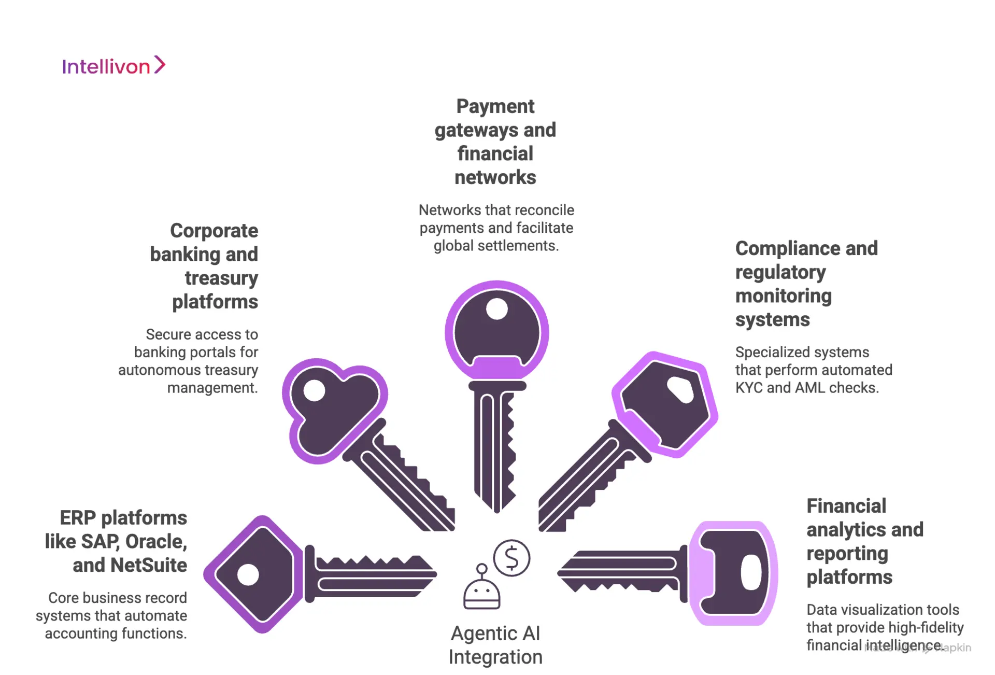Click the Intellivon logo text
tap(106, 67)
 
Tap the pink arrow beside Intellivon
tap(160, 65)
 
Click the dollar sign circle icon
tap(511, 558)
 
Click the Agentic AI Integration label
tap(495, 645)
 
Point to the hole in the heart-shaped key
tap(314, 390)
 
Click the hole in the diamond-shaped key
tap(248, 574)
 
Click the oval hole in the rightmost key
tap(751, 572)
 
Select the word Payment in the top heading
tap(495, 106)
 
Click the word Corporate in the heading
tap(214, 231)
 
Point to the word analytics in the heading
tap(846, 530)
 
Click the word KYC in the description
tap(749, 388)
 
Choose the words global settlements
tap(496, 246)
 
